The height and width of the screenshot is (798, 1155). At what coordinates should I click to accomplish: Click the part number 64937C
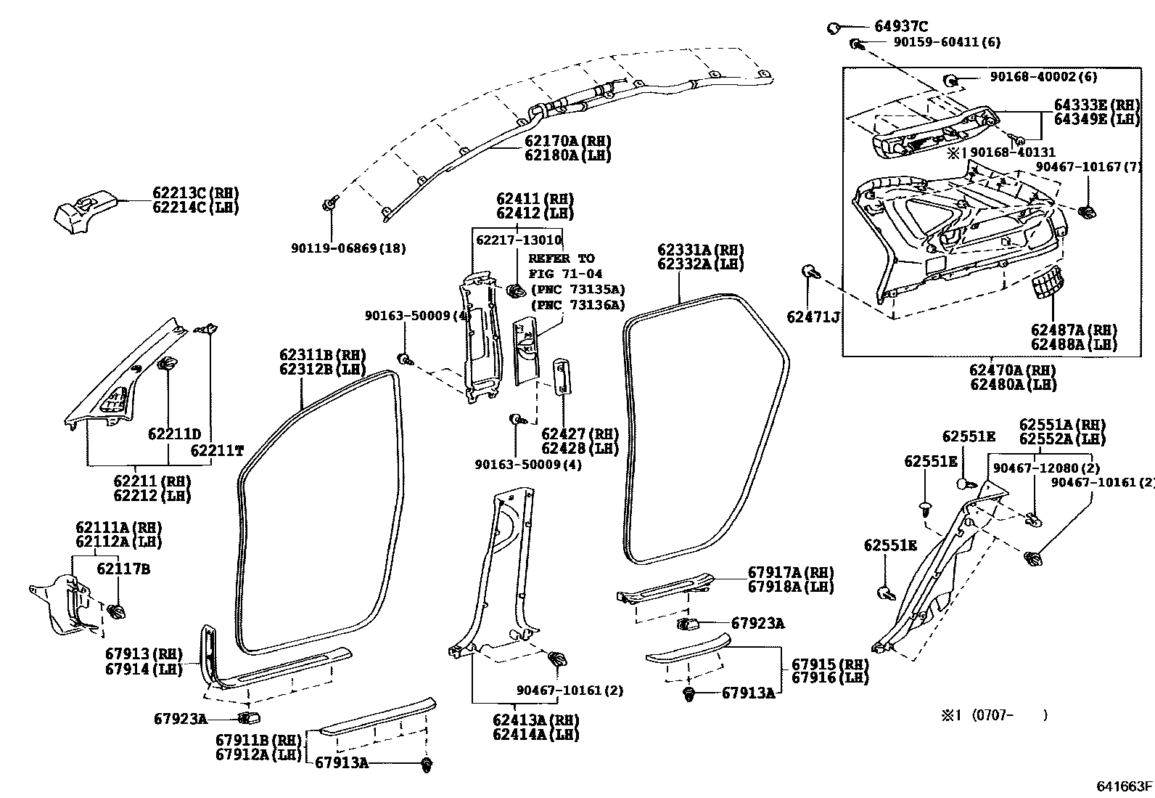[902, 27]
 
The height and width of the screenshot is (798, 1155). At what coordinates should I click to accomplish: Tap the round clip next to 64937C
[834, 28]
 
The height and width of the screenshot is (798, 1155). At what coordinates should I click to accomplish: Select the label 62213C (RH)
[195, 193]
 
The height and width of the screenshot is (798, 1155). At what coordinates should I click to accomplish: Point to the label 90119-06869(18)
[348, 248]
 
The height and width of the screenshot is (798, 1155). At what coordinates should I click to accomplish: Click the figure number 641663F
[1124, 786]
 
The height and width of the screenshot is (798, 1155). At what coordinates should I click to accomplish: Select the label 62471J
[813, 317]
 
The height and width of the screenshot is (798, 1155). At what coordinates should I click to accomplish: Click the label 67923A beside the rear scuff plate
[757, 623]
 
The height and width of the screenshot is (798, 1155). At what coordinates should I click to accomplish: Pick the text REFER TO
[561, 258]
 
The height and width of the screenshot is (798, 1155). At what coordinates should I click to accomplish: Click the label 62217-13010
[519, 240]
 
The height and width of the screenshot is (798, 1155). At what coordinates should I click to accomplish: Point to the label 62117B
[123, 569]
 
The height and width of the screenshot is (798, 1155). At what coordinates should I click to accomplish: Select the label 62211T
[217, 450]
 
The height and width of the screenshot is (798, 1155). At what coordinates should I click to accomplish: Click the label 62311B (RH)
[323, 354]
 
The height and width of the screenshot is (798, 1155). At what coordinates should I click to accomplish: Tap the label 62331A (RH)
[701, 250]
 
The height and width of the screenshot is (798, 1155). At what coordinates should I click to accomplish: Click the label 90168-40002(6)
[1041, 77]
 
